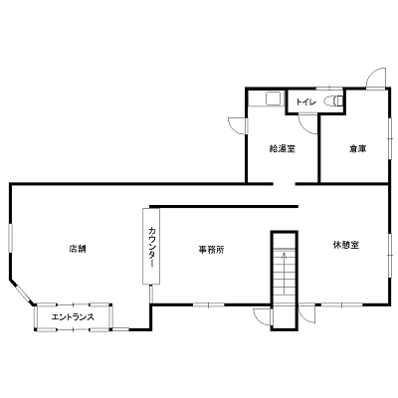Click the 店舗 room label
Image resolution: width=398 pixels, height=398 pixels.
click(x=78, y=249)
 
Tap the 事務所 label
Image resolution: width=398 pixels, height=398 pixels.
click(x=211, y=250)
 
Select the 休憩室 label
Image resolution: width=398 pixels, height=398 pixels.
click(x=346, y=245)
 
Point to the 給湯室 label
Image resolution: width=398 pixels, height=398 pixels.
click(x=282, y=149)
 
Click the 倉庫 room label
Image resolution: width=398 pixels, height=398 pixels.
click(x=357, y=149)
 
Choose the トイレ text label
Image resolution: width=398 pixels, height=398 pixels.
click(x=305, y=101)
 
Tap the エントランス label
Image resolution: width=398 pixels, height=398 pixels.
click(x=73, y=317)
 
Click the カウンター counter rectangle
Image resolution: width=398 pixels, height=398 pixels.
click(x=151, y=246)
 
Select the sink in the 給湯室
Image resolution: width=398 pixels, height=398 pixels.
click(x=273, y=99)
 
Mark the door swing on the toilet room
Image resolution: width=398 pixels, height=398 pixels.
click(x=308, y=124)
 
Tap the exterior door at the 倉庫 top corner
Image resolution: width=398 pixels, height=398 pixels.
click(x=376, y=79)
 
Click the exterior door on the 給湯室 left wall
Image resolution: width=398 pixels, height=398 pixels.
click(x=238, y=126)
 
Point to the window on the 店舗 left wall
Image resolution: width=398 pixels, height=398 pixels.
click(x=11, y=237)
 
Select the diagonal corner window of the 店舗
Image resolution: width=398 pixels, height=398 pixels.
click(x=23, y=294)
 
